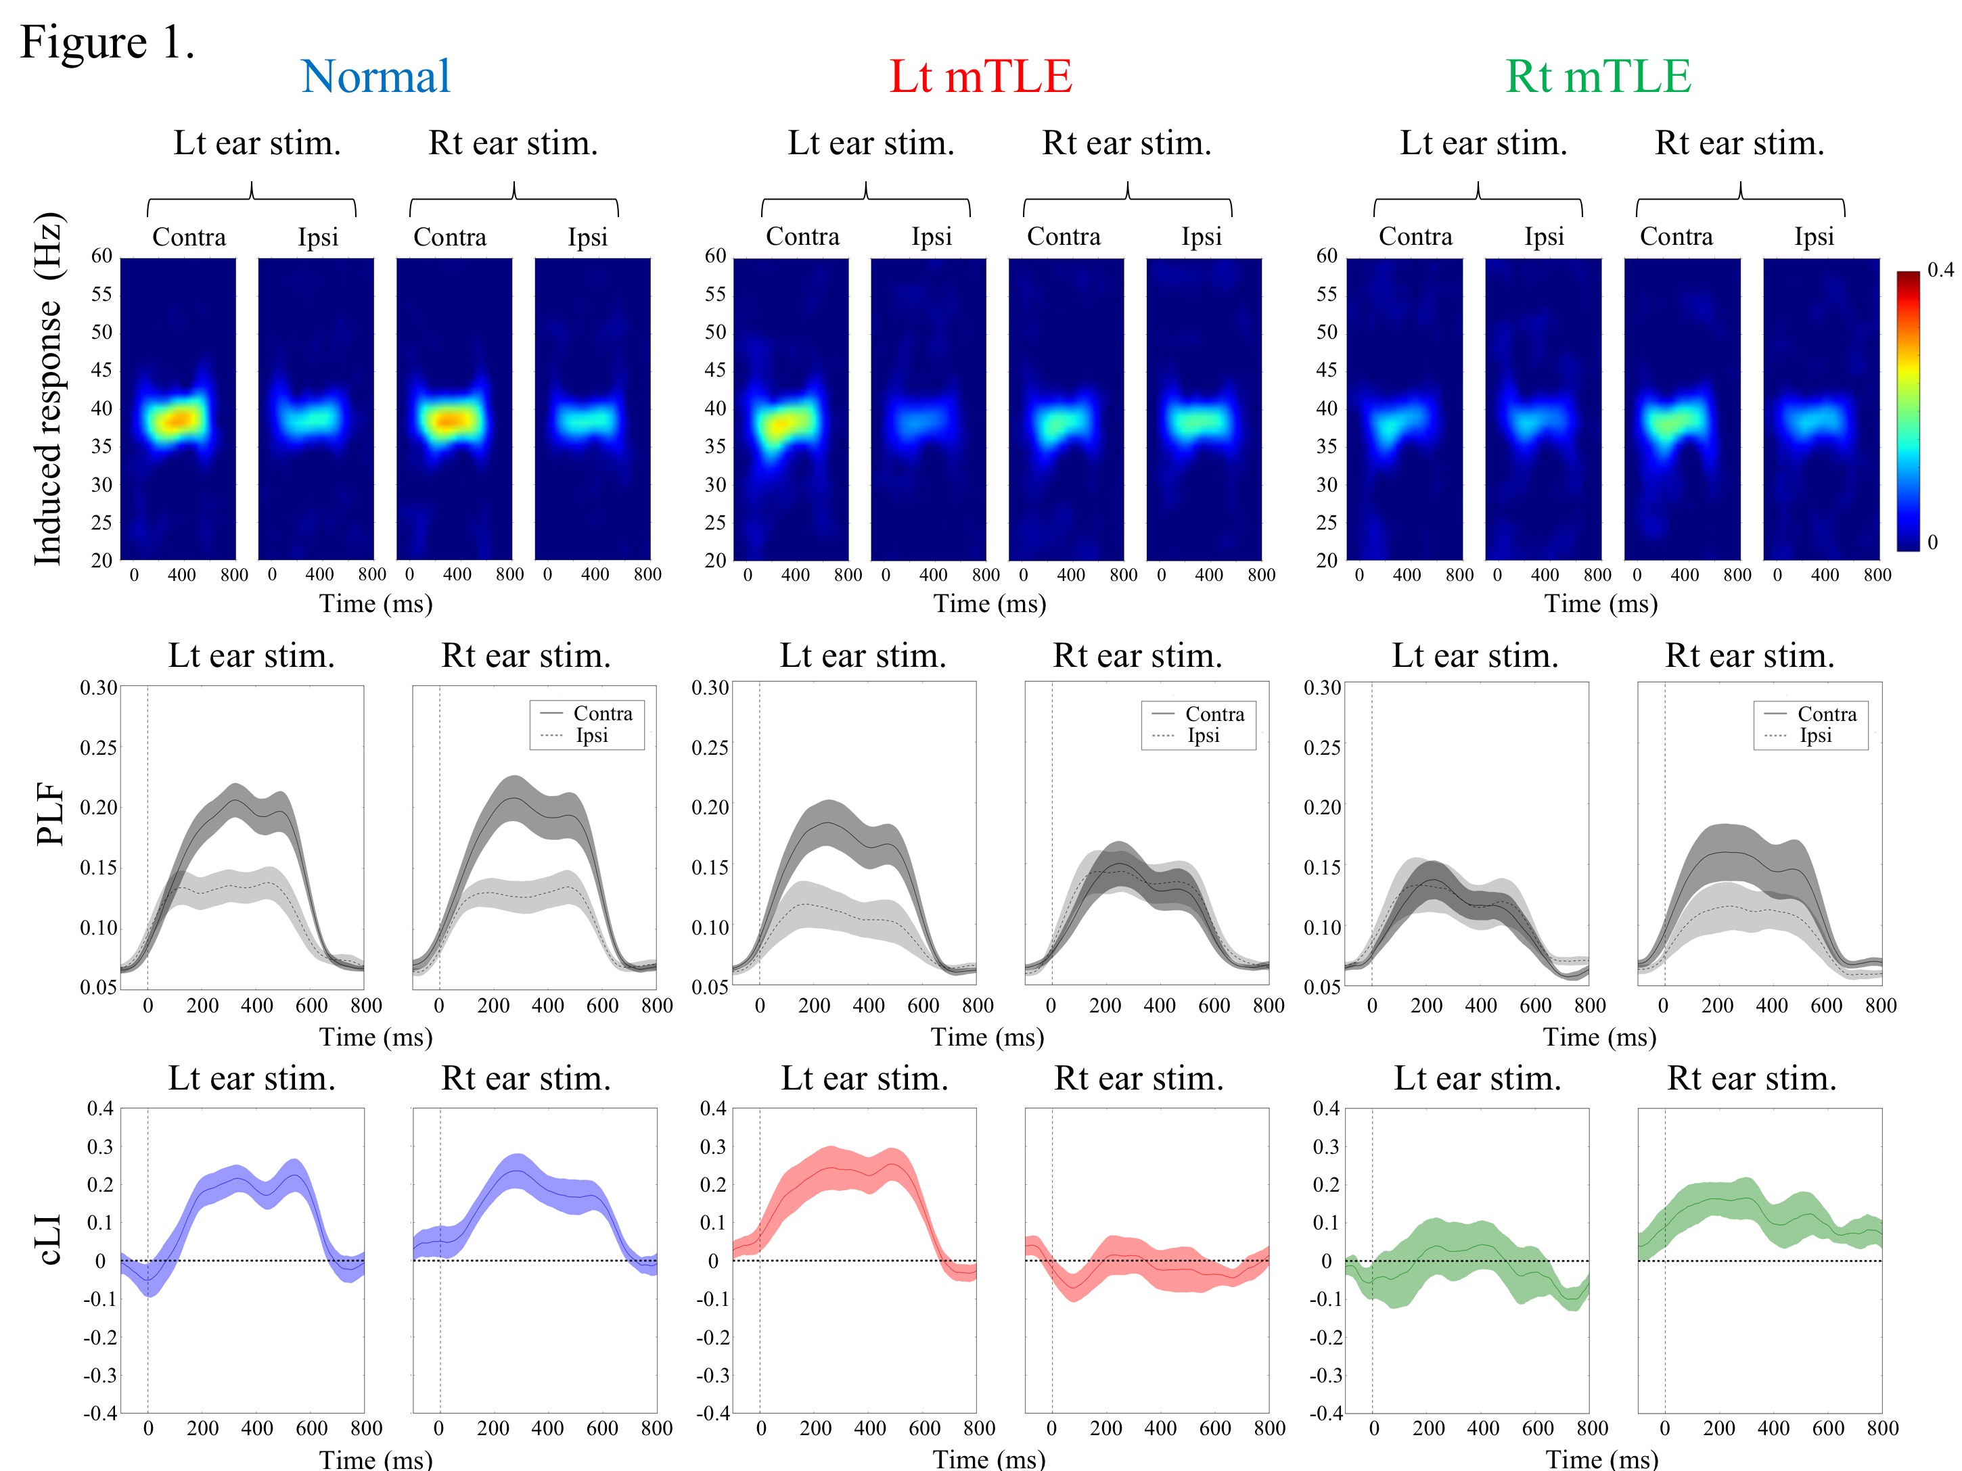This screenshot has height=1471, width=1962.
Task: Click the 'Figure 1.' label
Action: click(106, 42)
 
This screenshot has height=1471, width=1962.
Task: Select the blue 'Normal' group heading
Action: click(375, 76)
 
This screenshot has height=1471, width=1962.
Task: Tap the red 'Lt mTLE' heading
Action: click(980, 76)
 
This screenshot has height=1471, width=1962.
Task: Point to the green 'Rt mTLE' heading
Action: click(1598, 76)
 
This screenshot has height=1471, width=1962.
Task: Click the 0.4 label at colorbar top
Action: click(1940, 270)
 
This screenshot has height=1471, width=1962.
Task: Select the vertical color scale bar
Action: click(1908, 411)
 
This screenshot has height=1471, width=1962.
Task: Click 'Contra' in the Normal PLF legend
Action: click(602, 714)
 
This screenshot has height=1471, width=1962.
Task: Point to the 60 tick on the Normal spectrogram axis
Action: click(102, 256)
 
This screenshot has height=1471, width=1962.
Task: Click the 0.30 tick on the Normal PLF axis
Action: click(99, 687)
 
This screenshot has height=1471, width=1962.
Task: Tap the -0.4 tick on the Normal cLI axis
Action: click(99, 1412)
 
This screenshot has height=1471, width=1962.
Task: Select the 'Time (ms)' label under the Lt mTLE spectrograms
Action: click(989, 604)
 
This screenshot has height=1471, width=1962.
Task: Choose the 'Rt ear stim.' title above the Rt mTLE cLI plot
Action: click(1752, 1078)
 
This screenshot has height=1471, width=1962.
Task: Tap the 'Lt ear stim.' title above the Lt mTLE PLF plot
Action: click(863, 655)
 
